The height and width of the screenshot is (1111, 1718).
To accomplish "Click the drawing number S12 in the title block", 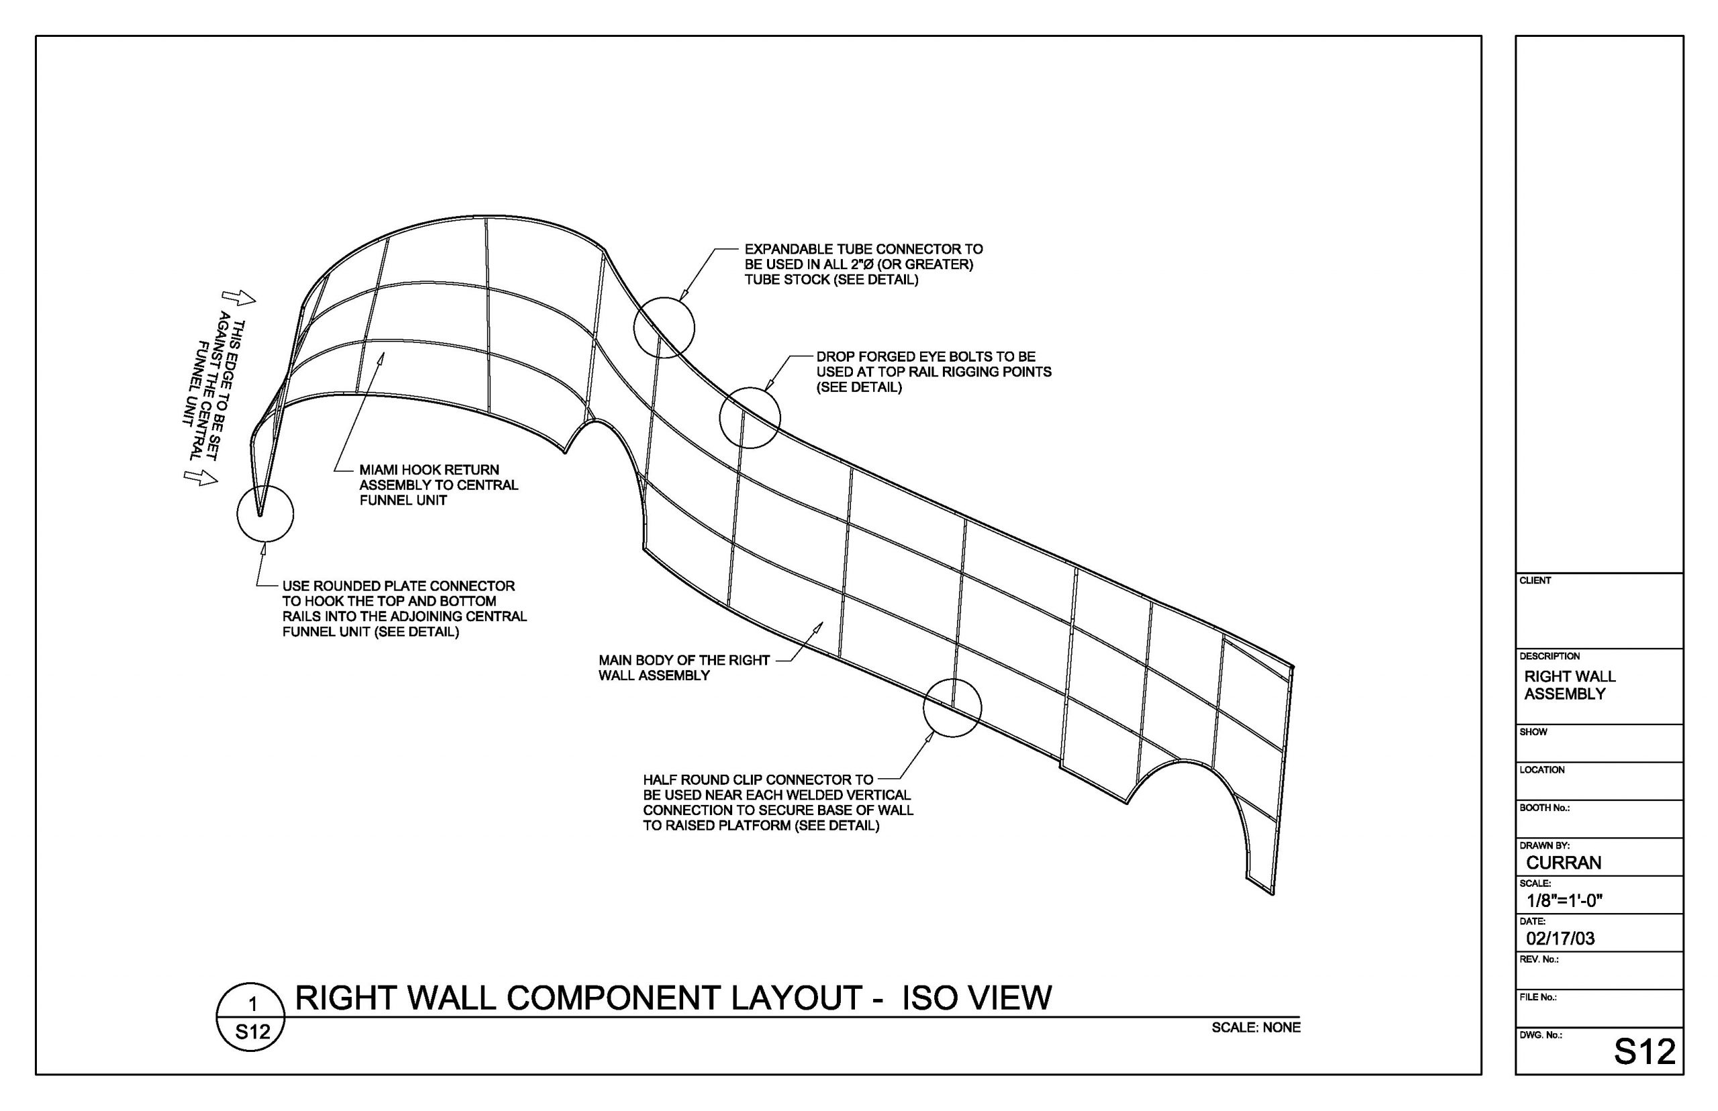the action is pyautogui.click(x=1644, y=1052).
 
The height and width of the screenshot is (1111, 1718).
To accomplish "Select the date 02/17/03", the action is pyautogui.click(x=1560, y=939).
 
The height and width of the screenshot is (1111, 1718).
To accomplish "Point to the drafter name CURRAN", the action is pyautogui.click(x=1563, y=863).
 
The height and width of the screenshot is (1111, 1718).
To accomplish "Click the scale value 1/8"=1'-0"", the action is pyautogui.click(x=1564, y=900).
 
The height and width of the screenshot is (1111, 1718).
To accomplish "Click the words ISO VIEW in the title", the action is pyautogui.click(x=977, y=998).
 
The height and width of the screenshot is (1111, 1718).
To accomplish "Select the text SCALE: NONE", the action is pyautogui.click(x=1256, y=1027).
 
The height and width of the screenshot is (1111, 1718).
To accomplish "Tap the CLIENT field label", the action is pyautogui.click(x=1535, y=580).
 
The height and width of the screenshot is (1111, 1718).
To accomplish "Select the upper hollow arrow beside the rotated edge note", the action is pyautogui.click(x=238, y=298).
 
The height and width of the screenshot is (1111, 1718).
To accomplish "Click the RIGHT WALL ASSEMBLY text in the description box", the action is pyautogui.click(x=1570, y=686).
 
